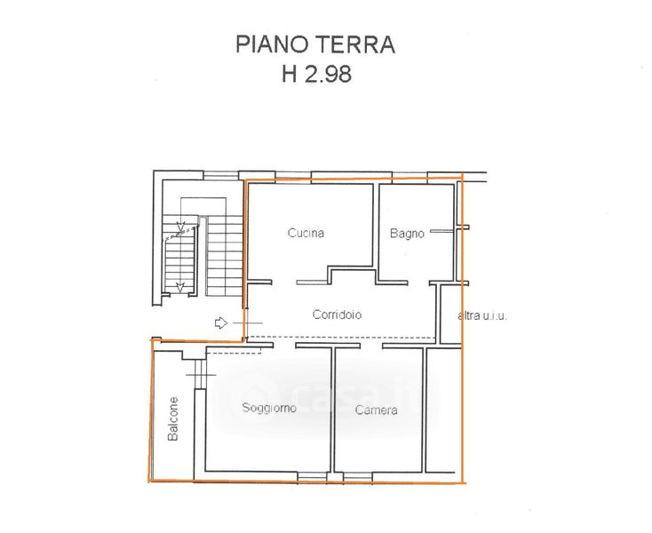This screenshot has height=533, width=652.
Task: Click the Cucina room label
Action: point(306,233)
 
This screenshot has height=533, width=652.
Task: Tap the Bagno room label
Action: point(407,234)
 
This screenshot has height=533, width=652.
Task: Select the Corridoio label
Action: point(337,314)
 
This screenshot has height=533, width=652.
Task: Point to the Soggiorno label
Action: point(269,408)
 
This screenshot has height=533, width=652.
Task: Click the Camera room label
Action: point(376,410)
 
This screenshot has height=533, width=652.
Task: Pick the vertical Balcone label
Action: point(173,418)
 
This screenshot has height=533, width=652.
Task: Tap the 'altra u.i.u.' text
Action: point(482,315)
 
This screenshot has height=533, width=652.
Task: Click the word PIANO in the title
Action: point(274,44)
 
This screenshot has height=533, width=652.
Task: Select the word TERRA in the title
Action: point(356,44)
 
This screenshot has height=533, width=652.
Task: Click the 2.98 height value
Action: point(328,75)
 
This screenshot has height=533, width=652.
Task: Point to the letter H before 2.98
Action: point(290,75)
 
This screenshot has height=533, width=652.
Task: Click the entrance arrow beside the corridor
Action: point(221,322)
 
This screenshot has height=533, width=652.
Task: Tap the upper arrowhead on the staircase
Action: point(180,227)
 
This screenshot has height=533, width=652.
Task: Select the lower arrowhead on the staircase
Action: point(180,286)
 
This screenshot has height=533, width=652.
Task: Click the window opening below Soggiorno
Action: point(313,476)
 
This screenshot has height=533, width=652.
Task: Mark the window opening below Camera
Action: point(358,476)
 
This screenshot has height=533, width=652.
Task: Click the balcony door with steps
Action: point(201,374)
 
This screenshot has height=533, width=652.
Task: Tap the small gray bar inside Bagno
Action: point(441,231)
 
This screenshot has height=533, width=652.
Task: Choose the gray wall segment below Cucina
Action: point(313,282)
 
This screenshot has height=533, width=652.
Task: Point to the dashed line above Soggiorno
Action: point(234,353)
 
